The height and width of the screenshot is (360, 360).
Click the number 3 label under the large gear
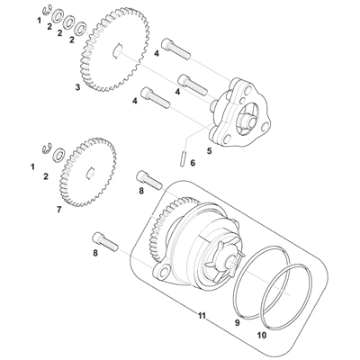78,87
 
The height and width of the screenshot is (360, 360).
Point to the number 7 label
59,209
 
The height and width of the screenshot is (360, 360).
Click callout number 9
238,320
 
